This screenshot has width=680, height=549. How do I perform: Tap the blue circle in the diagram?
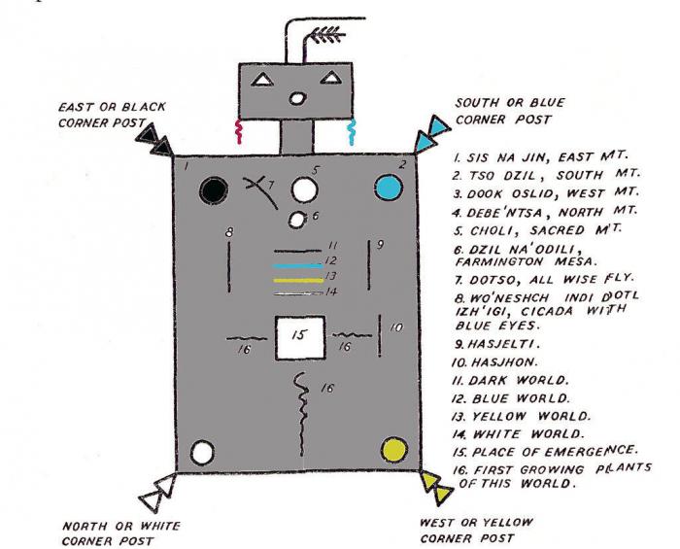tap(389, 187)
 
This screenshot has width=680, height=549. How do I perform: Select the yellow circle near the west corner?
tap(394, 450)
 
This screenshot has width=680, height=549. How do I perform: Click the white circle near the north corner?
tap(202, 452)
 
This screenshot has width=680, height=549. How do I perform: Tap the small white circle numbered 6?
tap(301, 217)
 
